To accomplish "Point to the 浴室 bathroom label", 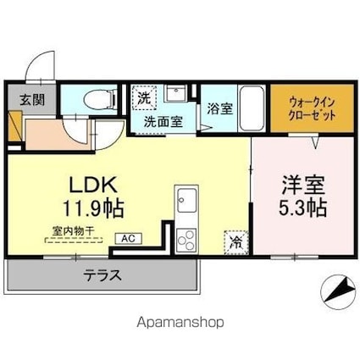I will point(219,109).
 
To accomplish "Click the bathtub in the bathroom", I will point(252,108).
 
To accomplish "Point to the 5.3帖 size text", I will point(300,206).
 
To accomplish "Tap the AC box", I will point(125,238).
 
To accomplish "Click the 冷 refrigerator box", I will point(235,241).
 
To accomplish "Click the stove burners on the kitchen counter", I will point(185,238).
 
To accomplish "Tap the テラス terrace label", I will point(102,274).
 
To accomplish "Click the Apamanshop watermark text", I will point(180,322).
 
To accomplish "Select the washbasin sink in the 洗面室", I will point(176,93).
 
